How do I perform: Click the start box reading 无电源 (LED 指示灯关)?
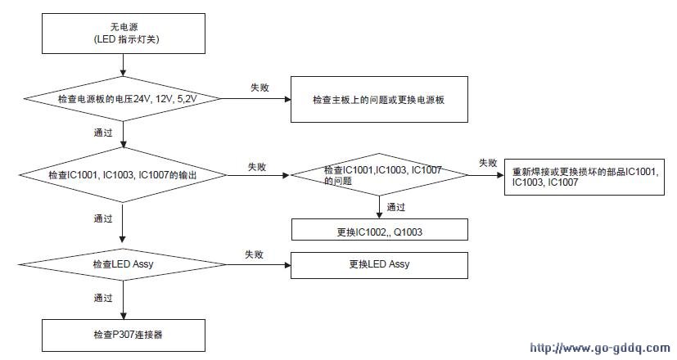(124, 34)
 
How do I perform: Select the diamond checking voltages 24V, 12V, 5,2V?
(123, 99)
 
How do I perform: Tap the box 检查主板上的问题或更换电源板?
(379, 99)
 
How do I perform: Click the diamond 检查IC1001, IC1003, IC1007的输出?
(123, 175)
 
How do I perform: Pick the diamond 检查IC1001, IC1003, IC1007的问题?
(380, 175)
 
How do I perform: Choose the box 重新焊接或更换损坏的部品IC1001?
(584, 177)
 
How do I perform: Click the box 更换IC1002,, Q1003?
(380, 230)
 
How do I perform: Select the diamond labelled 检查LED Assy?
(123, 264)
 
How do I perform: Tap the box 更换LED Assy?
(379, 265)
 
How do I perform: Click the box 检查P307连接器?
(124, 335)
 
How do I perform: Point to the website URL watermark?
(600, 348)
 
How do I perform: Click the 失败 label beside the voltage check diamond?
(260, 88)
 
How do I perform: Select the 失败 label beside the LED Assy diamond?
(255, 254)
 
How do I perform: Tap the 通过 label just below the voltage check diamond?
(103, 133)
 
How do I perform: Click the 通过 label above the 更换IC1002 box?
(396, 207)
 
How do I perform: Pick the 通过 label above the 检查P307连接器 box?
(103, 298)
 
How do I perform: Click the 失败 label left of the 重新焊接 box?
(488, 163)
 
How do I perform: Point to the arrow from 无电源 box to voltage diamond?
(124, 65)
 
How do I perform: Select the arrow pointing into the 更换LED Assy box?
(259, 264)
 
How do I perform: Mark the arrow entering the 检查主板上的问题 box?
(256, 99)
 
